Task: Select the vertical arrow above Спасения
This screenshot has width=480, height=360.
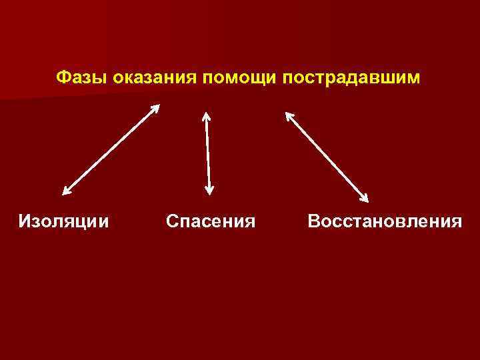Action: point(208,153)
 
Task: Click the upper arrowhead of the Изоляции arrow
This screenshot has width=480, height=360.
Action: point(156,107)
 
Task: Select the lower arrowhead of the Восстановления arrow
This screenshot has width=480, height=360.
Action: point(365,197)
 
